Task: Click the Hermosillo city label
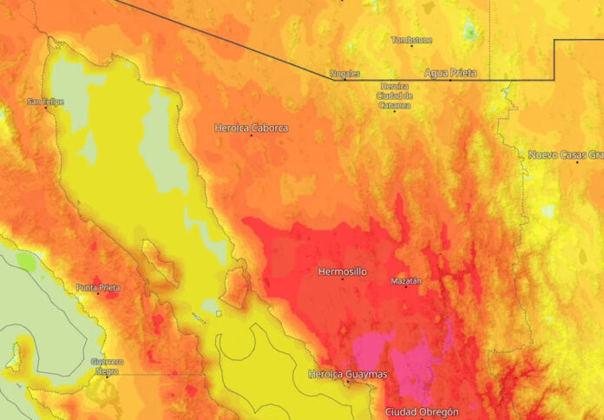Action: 342,272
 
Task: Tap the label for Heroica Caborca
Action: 251,128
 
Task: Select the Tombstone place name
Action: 411,40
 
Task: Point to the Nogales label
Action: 345,73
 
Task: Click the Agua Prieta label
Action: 450,73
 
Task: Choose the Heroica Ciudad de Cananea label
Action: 394,95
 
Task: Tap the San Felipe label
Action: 46,102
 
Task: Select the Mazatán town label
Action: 405,281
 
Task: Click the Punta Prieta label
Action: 98,287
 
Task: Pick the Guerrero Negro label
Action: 107,365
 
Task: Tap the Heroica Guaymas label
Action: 348,374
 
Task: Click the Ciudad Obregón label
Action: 422,411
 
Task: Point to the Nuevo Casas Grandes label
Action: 565,154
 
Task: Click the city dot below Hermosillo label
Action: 342,279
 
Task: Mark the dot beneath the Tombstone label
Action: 411,46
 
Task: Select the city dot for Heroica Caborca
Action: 252,135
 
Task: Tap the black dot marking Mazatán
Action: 405,287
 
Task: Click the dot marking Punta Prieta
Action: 98,293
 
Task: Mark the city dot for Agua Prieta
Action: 450,80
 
